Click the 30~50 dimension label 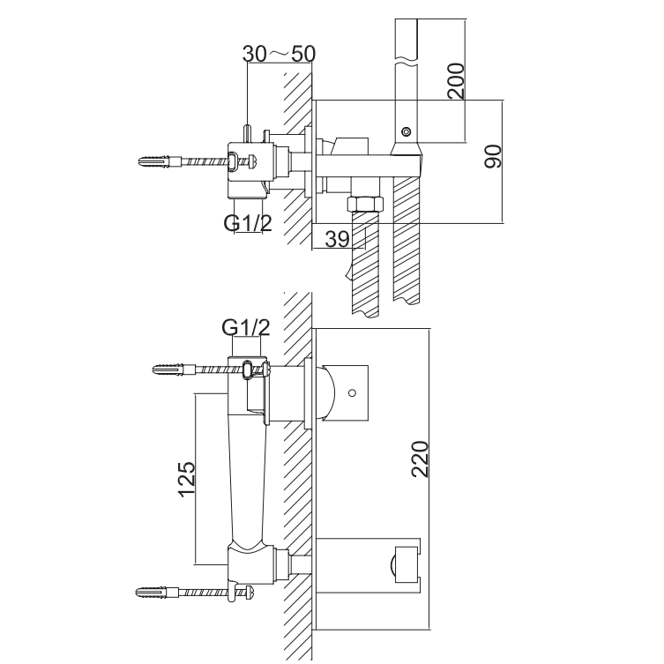pos(279,54)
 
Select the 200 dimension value pos(456,81)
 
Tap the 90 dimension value pos(493,156)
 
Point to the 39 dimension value pos(338,239)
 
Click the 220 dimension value pos(420,459)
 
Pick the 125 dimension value pos(187,479)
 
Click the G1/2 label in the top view pos(248,223)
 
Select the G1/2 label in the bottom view pos(246,327)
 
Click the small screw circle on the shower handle pos(407,131)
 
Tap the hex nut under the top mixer pos(365,204)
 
